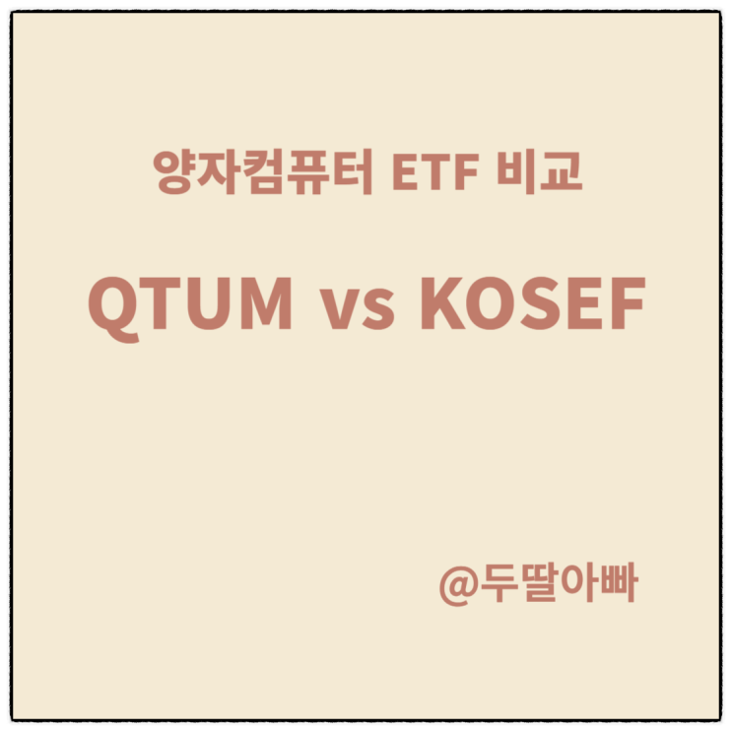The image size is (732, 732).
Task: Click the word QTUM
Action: tap(191, 304)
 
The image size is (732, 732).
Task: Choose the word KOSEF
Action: tap(532, 304)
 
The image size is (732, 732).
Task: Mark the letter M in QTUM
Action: tap(262, 304)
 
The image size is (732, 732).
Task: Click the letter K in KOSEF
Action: tap(442, 304)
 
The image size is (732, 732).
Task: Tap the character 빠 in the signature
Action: tap(617, 584)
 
